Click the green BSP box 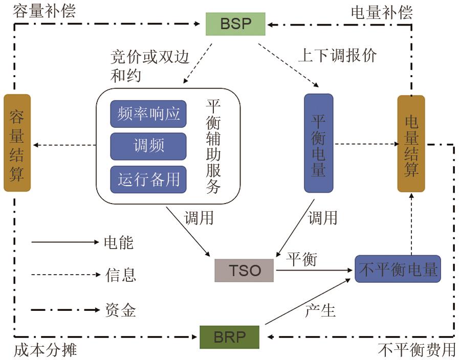(235, 24)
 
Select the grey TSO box (244, 270)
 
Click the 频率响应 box (148, 114)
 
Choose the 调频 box (148, 146)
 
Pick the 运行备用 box (148, 179)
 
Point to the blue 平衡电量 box (318, 143)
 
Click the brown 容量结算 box (17, 143)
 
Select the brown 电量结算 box (411, 144)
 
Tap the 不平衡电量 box (398, 269)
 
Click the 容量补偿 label (45, 11)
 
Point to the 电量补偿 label (381, 12)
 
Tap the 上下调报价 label (337, 55)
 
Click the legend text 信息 (121, 275)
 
